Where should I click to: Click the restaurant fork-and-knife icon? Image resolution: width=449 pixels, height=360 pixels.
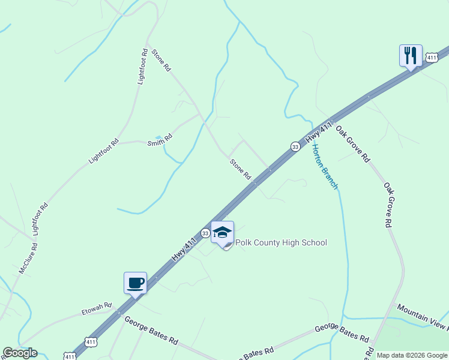coord(411,56)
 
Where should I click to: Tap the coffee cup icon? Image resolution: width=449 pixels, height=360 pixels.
coord(135,283)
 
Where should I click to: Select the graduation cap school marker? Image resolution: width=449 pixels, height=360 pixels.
coord(222,233)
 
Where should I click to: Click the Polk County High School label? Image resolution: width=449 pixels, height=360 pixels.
coord(281,242)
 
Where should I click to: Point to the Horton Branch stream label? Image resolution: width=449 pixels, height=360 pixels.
coord(325,168)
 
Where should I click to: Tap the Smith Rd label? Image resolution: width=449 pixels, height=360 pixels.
coord(160,140)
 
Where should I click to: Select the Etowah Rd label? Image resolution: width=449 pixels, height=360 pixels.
coord(97,309)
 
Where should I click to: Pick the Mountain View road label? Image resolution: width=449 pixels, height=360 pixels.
coord(423,316)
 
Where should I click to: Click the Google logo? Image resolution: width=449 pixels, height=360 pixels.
coord(20,353)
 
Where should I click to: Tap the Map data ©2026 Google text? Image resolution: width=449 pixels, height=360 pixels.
coord(412,355)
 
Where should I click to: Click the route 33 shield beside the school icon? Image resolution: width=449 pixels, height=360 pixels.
coord(205,233)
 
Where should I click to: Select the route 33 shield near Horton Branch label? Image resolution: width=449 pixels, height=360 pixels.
coord(295,146)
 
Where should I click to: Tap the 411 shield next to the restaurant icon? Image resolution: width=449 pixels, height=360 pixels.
coord(431,57)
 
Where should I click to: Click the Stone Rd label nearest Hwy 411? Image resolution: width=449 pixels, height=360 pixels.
coord(240,169)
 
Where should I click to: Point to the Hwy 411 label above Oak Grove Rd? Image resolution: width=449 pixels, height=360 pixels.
coord(319,133)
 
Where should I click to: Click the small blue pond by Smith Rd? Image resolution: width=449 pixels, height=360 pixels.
coord(158,137)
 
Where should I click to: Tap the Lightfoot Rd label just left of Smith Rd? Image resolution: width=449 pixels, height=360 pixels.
coord(104,152)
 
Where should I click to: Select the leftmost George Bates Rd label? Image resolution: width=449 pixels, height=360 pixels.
coord(151,331)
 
